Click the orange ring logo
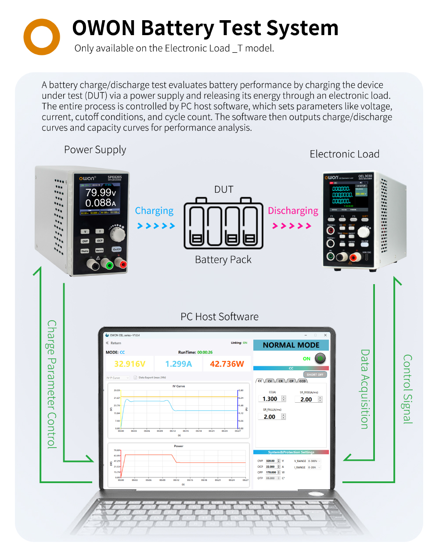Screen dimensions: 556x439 coord(42,37)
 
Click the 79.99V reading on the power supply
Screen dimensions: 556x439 coord(101,192)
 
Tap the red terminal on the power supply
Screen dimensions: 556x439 coord(121,264)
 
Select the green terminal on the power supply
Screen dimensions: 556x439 coord(107,264)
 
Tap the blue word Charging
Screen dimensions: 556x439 coord(154,211)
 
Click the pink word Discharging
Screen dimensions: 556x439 coord(293,211)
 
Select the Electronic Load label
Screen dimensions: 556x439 coord(345,154)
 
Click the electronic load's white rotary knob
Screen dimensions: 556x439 coord(363,232)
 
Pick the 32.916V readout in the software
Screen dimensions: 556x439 coord(130,364)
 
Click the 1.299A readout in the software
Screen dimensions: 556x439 coord(178,364)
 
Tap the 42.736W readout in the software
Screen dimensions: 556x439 coord(227,364)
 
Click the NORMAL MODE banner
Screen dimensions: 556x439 coord(291,345)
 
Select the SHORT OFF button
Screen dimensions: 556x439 coord(315,375)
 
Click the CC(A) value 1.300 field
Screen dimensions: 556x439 coord(270,399)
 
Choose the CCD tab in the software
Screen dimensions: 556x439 coord(302,381)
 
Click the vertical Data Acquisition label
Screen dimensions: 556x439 coord(365,389)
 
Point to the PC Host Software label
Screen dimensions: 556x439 coord(219,317)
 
